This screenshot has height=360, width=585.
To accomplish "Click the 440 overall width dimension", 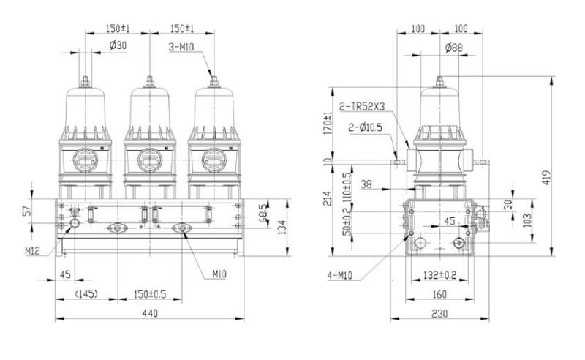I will click(x=149, y=312).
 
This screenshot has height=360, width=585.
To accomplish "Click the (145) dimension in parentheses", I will click(x=86, y=294).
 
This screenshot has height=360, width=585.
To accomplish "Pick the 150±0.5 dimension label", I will click(x=149, y=294).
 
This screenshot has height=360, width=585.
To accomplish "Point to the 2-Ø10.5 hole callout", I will click(x=366, y=127).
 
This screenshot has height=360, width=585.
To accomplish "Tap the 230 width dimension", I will click(x=439, y=312).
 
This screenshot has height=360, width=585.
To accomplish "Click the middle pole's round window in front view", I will click(x=149, y=158).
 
